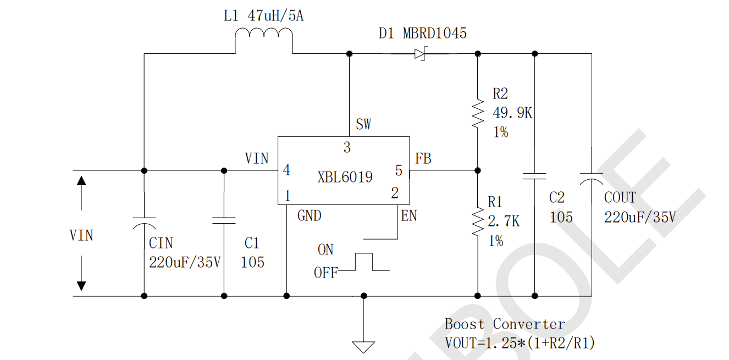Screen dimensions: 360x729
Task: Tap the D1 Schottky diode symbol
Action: tap(421, 54)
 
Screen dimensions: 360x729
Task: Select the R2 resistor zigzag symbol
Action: tap(478, 114)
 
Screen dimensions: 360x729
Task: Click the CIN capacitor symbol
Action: tap(144, 222)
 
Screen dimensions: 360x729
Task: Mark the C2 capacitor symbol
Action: tap(534, 176)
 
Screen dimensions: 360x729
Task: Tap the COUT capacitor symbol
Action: tap(592, 177)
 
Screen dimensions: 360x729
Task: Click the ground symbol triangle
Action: tap(363, 347)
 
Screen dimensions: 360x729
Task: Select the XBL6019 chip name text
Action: tap(345, 177)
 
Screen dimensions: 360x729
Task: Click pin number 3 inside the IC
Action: tap(347, 147)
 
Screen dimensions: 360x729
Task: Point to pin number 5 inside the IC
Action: tap(399, 170)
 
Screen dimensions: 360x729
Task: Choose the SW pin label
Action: tap(363, 124)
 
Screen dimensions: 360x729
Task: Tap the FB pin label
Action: tap(423, 159)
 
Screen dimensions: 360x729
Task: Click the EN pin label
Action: tap(409, 216)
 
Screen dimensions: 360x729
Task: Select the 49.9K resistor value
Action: tap(512, 113)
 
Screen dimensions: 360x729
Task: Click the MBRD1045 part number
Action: tap(435, 34)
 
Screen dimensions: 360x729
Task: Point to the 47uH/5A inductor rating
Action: tap(275, 16)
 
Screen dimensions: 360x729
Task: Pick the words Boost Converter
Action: tap(505, 324)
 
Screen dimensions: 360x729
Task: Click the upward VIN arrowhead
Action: tap(81, 181)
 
